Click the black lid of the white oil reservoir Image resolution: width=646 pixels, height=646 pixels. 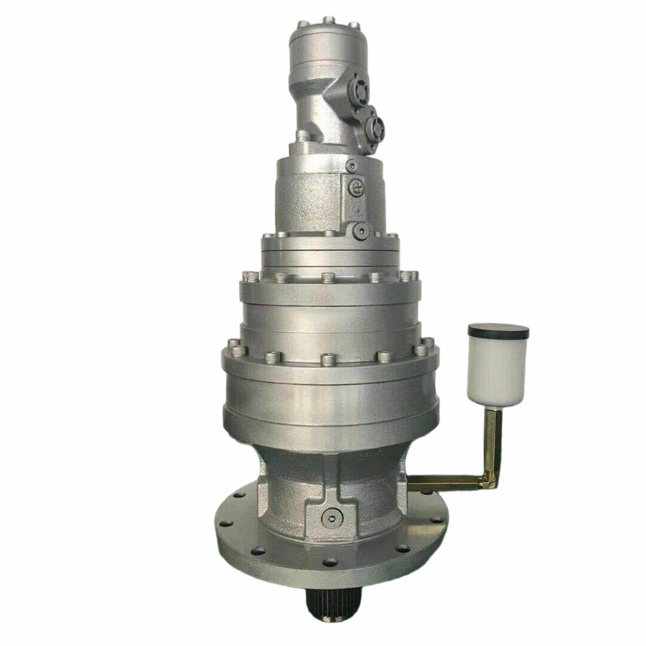pos(498,330)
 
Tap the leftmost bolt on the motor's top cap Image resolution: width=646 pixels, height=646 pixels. pos(301,23)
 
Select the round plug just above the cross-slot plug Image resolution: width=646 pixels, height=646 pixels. pos(351,166)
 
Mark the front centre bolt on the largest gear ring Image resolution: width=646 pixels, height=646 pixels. pos(328,358)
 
